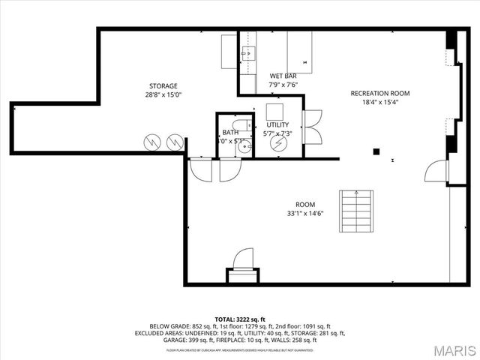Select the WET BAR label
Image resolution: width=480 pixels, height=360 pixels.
pyautogui.click(x=283, y=76)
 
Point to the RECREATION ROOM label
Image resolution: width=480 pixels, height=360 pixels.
pyautogui.click(x=379, y=94)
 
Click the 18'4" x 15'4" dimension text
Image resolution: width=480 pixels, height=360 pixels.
pyautogui.click(x=379, y=103)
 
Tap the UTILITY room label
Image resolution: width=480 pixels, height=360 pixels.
pyautogui.click(x=277, y=124)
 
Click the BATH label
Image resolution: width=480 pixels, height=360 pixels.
pyautogui.click(x=229, y=133)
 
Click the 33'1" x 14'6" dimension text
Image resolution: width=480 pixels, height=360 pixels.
pyautogui.click(x=304, y=214)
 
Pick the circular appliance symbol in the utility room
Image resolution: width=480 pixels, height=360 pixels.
pyautogui.click(x=278, y=142)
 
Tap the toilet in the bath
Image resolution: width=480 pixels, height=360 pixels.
pyautogui.click(x=240, y=126)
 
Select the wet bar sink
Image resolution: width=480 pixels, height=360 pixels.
pyautogui.click(x=250, y=53)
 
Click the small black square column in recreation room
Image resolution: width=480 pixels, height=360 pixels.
pyautogui.click(x=376, y=151)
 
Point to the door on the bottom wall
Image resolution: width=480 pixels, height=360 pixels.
pyautogui.click(x=243, y=260)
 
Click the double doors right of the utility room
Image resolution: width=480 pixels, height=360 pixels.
pyautogui.click(x=312, y=127)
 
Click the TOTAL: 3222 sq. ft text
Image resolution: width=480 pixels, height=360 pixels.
pyautogui.click(x=240, y=319)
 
